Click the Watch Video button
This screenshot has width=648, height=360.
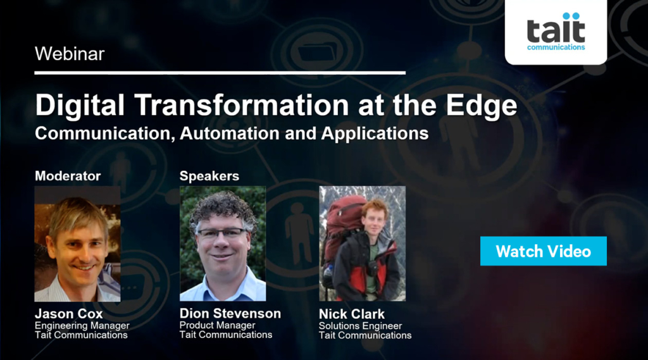click(543, 251)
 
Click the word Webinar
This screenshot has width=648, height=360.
click(70, 54)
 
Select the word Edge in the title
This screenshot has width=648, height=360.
click(482, 105)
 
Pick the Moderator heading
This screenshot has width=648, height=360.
click(68, 176)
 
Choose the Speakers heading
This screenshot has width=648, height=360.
click(209, 176)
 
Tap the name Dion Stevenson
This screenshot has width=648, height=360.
click(230, 314)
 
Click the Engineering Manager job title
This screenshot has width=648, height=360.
click(82, 326)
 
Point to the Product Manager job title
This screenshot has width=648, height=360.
click(217, 325)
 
